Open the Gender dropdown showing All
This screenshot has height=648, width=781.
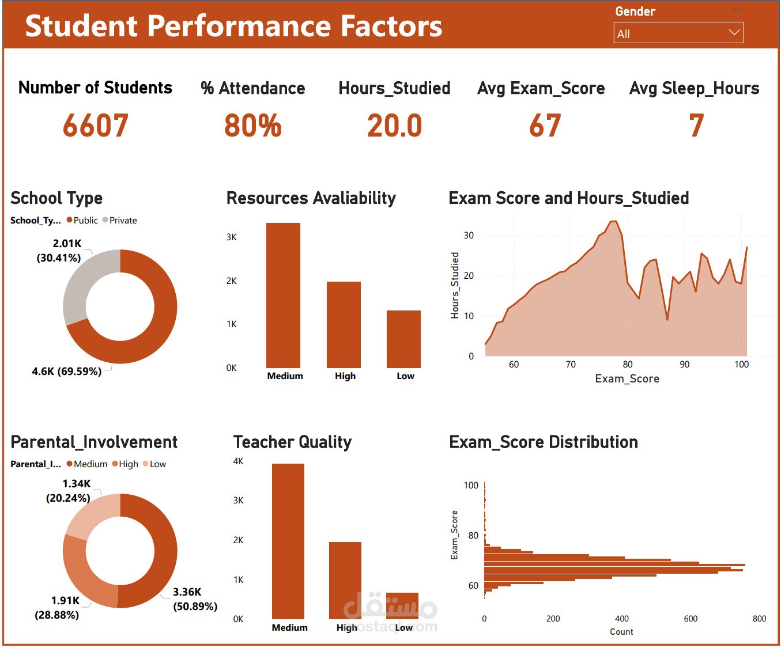coord(678,33)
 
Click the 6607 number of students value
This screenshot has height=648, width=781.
coord(96,126)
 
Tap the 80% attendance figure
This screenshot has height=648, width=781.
coord(253,126)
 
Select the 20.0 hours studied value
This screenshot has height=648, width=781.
coord(395,126)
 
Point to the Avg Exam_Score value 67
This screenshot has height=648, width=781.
coord(545,126)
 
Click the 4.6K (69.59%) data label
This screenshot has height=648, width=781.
coord(67,372)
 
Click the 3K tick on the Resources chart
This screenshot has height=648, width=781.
coord(231,237)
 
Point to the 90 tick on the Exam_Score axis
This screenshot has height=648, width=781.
coord(684,364)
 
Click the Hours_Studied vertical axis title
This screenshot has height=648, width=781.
coord(455,285)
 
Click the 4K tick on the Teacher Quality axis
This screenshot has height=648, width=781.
coord(238,461)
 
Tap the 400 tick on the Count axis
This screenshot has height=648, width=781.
coord(621,619)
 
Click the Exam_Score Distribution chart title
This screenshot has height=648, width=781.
coord(543,442)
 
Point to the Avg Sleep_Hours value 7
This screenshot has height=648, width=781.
coord(696,126)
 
